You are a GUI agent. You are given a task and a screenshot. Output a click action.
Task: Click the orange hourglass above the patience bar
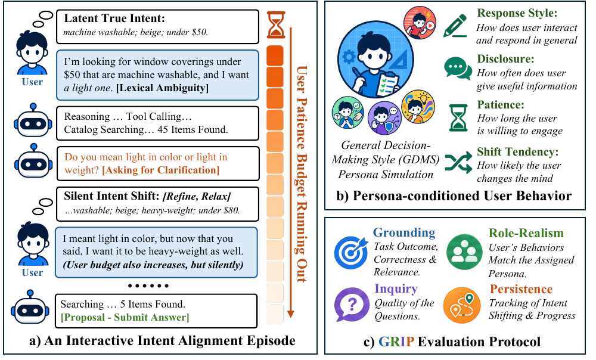(x=275, y=24)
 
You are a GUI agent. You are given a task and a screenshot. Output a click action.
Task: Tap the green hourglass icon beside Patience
(x=458, y=118)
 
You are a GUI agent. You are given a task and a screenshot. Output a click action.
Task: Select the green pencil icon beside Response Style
(x=455, y=26)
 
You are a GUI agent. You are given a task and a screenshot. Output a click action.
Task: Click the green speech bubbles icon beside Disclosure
(x=458, y=68)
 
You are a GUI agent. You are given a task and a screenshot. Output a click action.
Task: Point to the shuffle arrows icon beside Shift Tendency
(x=458, y=162)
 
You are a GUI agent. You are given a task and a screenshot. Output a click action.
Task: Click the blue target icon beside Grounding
(x=351, y=253)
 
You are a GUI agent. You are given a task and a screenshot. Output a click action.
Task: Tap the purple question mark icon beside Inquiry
(x=352, y=305)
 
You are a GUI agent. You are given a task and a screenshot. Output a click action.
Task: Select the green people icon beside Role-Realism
(x=464, y=252)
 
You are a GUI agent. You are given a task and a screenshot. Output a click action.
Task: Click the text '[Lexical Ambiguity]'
(x=162, y=88)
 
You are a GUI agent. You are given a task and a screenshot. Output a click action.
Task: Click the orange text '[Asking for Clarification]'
(x=161, y=170)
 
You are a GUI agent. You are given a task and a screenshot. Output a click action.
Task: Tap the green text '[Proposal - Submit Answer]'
(x=125, y=317)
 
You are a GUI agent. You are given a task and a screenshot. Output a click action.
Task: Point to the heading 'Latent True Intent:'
(x=114, y=18)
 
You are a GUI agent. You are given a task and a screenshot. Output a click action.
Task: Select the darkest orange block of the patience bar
(x=275, y=55)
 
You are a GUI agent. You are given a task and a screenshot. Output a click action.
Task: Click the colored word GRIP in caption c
(x=396, y=342)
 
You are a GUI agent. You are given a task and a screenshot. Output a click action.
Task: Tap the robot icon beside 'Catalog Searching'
(x=33, y=120)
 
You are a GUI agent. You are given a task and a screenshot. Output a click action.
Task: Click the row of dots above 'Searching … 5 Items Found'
(x=148, y=285)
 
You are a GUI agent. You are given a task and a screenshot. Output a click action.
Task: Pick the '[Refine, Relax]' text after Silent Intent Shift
(x=197, y=196)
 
